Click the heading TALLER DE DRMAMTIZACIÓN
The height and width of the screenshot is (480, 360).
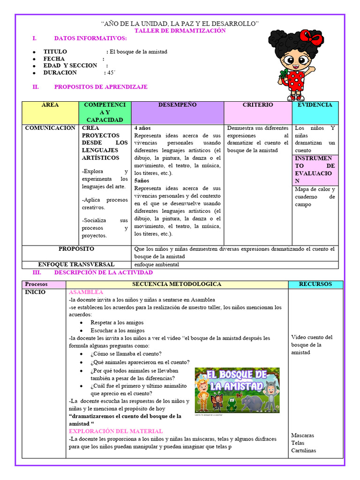180,31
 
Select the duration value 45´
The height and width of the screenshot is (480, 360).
111,73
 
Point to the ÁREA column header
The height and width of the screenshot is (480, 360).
50,105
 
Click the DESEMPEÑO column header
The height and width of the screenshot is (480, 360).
177,105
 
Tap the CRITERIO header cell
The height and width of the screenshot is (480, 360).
257,105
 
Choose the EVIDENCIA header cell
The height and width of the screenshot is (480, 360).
315,105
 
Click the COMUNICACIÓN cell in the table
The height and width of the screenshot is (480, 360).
50,128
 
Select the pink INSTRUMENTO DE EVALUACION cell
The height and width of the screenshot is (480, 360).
315,170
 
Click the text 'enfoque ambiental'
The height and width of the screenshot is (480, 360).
157,264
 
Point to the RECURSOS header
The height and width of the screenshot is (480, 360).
315,284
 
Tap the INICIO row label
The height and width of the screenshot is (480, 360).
36,292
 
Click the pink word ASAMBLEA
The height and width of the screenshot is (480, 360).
86,292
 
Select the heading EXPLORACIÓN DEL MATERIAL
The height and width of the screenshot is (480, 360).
116,431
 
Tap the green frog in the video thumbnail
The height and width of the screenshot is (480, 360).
231,403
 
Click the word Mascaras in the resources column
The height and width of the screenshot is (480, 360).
302,435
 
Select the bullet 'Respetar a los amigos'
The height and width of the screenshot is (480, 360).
117,322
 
